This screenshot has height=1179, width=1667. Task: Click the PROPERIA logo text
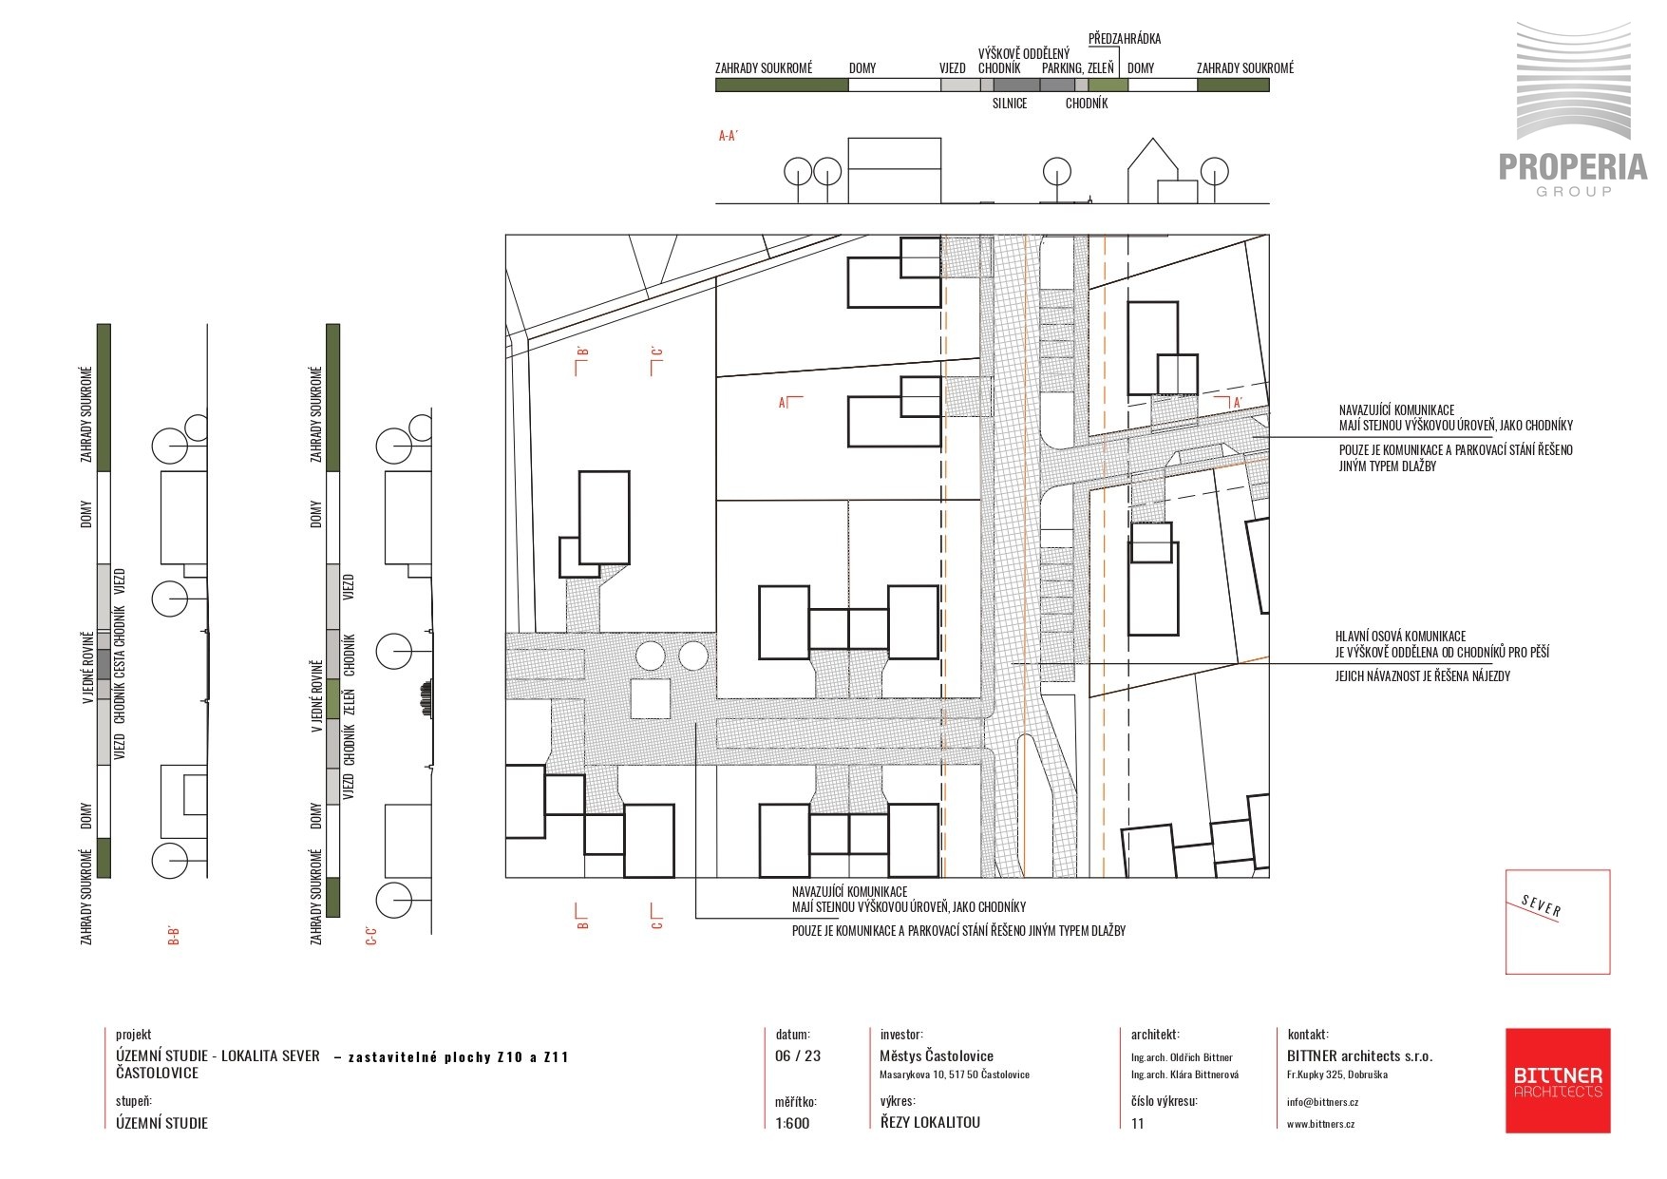(1573, 166)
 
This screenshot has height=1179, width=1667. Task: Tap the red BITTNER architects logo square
(1558, 1080)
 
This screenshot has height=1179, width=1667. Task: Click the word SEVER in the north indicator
(1541, 906)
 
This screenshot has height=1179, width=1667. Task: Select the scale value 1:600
(792, 1123)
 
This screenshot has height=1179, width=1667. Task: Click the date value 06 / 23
(798, 1055)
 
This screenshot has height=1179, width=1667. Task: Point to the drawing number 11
(1138, 1123)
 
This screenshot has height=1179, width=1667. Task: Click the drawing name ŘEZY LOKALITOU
(930, 1122)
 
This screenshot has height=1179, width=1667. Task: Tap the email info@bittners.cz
(1322, 1102)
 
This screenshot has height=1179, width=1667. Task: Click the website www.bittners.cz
(1320, 1123)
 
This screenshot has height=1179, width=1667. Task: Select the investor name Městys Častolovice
(937, 1055)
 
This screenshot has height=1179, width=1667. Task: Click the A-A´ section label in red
(729, 136)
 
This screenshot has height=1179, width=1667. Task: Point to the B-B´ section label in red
(173, 936)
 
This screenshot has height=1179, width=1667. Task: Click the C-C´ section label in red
(371, 936)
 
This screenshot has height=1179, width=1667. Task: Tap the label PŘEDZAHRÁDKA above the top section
(1125, 39)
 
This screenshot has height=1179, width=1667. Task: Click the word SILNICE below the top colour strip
(1010, 104)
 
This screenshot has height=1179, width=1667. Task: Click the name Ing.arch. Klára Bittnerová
(1182, 1074)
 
